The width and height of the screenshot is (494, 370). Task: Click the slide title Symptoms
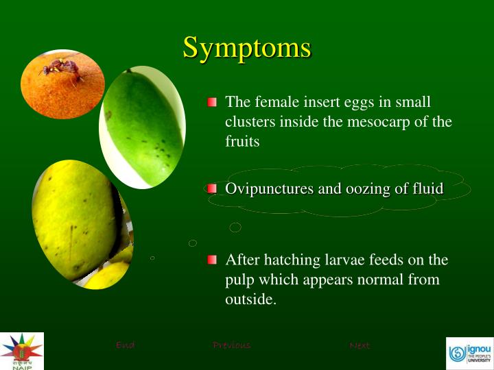point(246,48)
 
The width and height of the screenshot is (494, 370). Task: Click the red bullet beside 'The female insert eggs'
point(212,102)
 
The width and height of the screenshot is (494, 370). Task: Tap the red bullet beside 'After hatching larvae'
point(212,260)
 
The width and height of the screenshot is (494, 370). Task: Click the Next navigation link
point(360,345)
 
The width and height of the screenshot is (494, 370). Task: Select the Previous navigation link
point(231,345)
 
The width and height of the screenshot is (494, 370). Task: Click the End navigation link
point(125,345)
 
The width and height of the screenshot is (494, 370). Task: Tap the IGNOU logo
point(469,353)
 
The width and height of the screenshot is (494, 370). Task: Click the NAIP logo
point(21,351)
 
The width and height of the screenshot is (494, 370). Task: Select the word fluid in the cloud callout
point(425,188)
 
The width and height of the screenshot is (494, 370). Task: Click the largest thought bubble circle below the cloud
point(235,227)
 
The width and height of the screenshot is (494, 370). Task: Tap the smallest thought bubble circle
point(152,258)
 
